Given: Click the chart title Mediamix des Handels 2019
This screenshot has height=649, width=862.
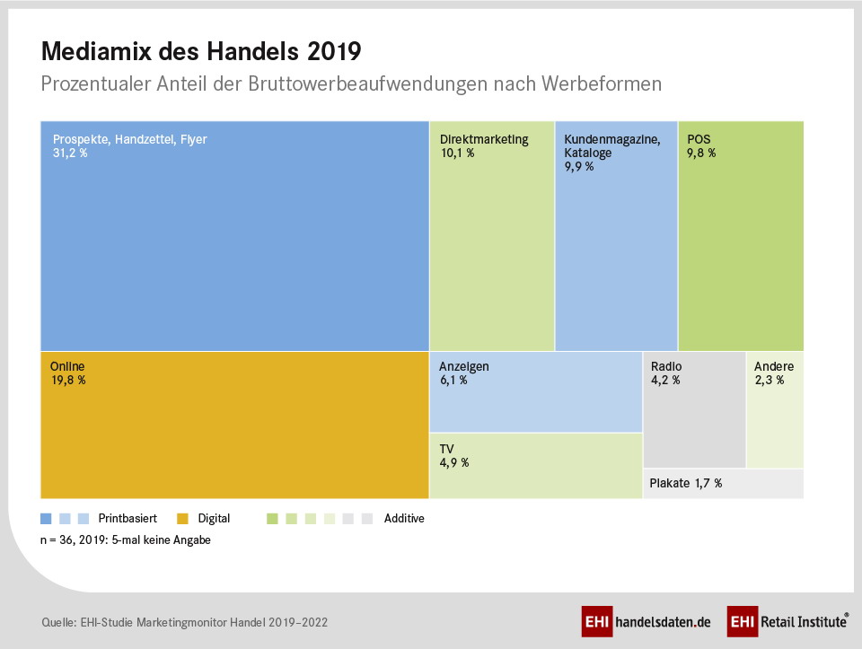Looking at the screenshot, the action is tap(201, 52).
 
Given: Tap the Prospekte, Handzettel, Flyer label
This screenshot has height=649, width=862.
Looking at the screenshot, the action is tap(129, 139).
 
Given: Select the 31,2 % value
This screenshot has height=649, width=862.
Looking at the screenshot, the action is tap(70, 153).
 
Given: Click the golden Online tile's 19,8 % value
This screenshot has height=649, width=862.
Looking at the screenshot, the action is tap(68, 381).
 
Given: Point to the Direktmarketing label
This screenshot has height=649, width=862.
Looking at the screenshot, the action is tap(484, 139).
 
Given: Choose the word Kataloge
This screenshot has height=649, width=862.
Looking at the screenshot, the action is tap(587, 153).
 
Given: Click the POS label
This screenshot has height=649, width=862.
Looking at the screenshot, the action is tap(699, 139).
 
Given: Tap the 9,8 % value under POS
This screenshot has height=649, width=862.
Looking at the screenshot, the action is tap(701, 153).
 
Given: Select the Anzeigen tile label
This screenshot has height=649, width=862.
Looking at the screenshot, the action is tap(464, 366).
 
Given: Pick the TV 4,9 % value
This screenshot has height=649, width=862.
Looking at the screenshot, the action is tap(454, 462).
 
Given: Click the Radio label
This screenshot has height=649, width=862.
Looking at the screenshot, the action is tap(666, 366).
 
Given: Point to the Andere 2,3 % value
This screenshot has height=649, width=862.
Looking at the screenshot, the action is tap(770, 381).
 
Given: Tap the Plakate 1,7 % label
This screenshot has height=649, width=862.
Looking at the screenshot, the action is tap(685, 484).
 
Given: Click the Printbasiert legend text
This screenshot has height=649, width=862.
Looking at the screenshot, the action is tap(128, 518).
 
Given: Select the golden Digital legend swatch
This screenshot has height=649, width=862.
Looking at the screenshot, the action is tap(182, 518).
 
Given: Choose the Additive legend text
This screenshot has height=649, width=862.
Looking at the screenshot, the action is tap(404, 518).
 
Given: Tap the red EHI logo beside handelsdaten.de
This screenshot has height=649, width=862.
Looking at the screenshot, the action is tap(597, 621).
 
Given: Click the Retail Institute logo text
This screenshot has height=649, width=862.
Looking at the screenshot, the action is tap(804, 621).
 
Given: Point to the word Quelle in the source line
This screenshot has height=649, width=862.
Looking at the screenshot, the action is tap(59, 623).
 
